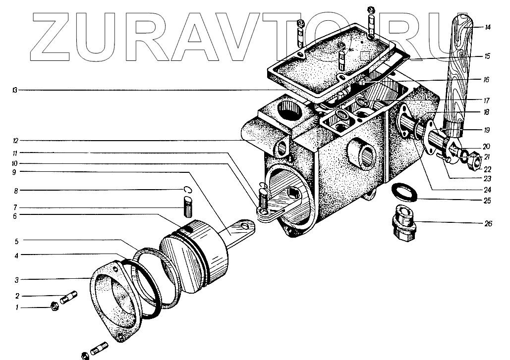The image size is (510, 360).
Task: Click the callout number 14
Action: (x=488, y=27)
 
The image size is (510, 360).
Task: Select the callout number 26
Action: (x=488, y=224)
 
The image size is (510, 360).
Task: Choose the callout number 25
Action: (x=488, y=201)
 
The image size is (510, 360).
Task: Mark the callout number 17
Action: (x=488, y=100)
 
